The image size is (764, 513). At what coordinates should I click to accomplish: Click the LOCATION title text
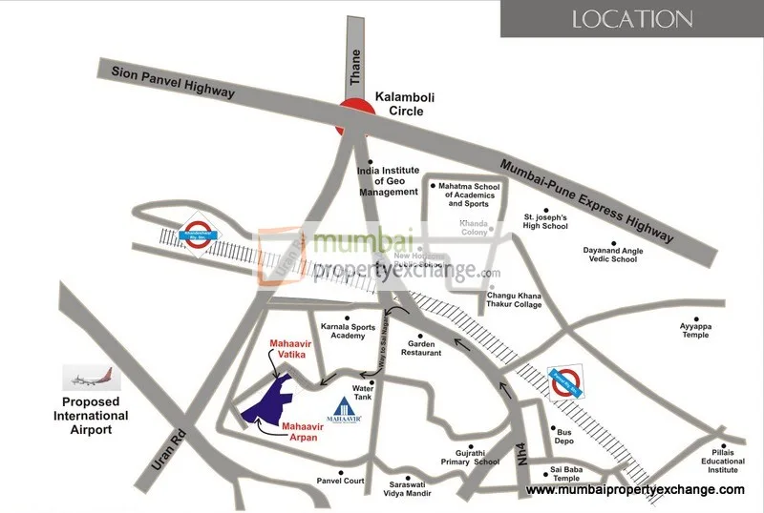tap(631, 18)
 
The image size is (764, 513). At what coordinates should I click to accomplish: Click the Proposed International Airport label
tap(91, 416)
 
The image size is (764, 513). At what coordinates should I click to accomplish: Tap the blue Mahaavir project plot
tap(269, 401)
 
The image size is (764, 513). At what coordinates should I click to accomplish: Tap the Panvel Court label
tap(341, 481)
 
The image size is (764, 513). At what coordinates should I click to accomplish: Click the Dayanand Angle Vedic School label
tap(610, 255)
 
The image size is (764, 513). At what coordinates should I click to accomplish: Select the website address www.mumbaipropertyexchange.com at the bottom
tap(635, 489)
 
